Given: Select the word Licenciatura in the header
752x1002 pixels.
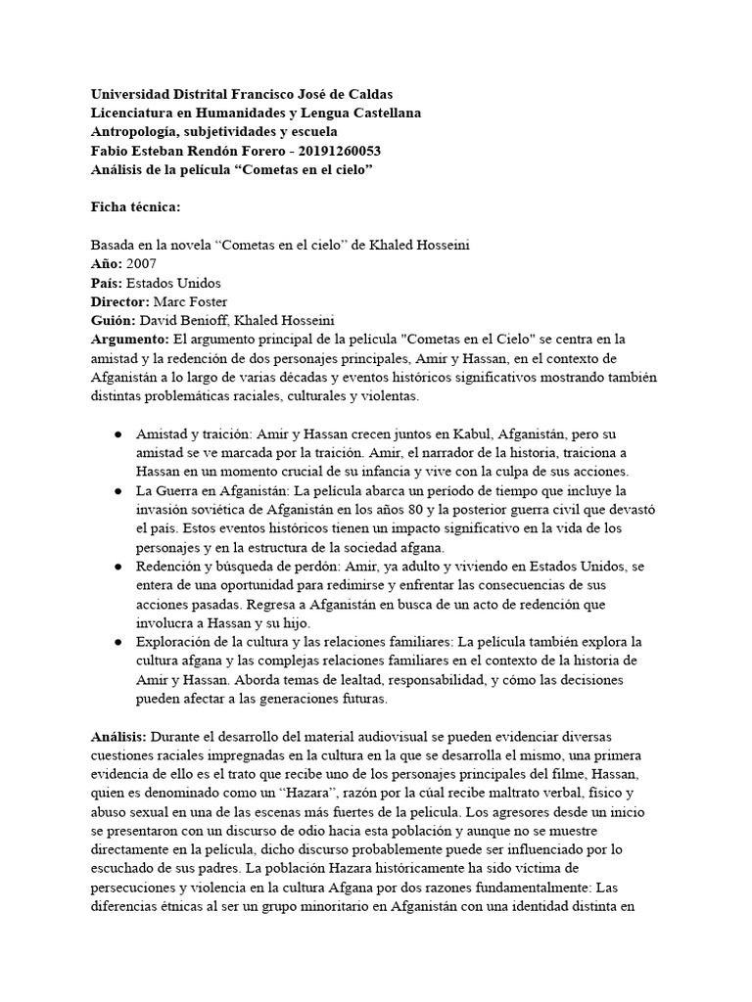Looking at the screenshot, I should pyautogui.click(x=133, y=113).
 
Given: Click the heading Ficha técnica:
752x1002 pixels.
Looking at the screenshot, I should pyautogui.click(x=130, y=207).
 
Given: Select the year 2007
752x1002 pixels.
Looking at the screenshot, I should pyautogui.click(x=140, y=263).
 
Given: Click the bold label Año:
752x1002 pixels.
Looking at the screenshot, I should pyautogui.click(x=106, y=263).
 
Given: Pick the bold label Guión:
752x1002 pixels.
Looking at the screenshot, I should pyautogui.click(x=113, y=319).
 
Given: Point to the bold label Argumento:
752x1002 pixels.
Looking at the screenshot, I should pyautogui.click(x=129, y=339).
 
